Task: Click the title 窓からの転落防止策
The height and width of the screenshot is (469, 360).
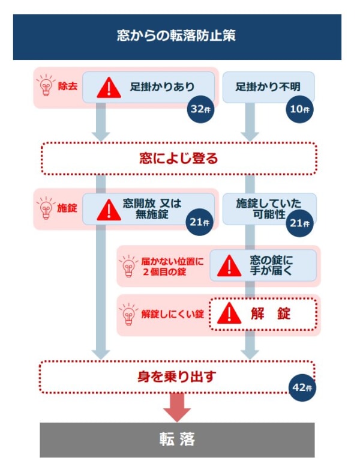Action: pos(176,35)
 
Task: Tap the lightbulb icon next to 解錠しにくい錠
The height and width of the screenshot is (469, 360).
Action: pos(128,313)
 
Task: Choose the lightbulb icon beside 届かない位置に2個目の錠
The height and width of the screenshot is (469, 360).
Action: pos(128,265)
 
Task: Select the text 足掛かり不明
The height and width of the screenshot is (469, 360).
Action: pos(268,87)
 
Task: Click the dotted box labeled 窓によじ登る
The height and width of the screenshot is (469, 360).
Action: pos(178,159)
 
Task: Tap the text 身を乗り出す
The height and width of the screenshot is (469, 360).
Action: pos(176,377)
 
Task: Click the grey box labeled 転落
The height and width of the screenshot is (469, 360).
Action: pos(177,440)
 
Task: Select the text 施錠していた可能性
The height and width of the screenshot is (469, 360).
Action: pos(268,208)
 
